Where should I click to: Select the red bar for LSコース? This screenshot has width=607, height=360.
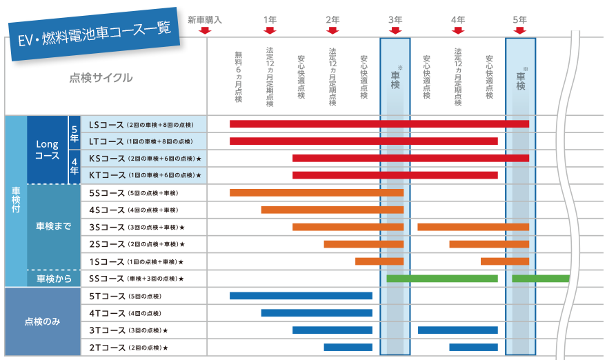pos(379,124)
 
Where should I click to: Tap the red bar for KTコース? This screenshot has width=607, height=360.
pos(395,175)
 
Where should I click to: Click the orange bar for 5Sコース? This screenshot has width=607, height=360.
pos(316,192)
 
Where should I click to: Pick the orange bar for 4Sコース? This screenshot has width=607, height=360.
pos(332,210)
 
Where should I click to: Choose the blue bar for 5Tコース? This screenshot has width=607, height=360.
pos(301,296)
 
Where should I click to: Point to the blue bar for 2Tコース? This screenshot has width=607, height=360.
pos(348,347)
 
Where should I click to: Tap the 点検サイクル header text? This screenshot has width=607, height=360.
pos(101,78)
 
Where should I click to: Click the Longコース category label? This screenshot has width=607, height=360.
pos(48,150)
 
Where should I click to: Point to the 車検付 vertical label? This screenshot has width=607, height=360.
pos(16,201)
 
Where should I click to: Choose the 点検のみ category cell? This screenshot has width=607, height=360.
pos(43,322)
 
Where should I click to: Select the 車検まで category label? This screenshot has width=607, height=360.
pos(54,226)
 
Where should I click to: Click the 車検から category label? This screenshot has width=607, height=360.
pos(54,279)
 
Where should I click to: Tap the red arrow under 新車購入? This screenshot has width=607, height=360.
pos(205,30)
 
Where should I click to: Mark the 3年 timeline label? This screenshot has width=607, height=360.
pos(395,20)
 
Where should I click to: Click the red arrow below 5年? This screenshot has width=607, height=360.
pos(520,30)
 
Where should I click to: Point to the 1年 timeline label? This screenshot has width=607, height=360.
pos(270,20)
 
